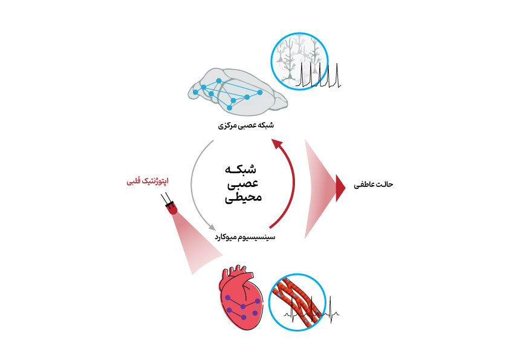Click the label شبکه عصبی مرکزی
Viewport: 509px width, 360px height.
[x=246, y=125]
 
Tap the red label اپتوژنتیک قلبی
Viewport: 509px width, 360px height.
[x=148, y=181]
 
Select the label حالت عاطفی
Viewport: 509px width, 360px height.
[x=374, y=185]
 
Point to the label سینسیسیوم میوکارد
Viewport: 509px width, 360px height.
[x=245, y=237]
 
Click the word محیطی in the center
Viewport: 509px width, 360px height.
[x=244, y=197]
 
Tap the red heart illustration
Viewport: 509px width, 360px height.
[x=241, y=297]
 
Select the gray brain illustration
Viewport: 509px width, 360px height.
[x=238, y=91]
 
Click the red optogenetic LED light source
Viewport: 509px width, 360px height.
[x=170, y=206]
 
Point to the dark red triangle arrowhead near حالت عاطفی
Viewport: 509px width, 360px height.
[x=340, y=188]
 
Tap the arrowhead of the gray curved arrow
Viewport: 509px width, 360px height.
[x=212, y=227]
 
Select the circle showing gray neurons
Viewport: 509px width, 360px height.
[x=300, y=61]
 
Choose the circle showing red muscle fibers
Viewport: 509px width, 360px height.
[x=297, y=303]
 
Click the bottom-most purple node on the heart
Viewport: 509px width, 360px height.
[x=244, y=317]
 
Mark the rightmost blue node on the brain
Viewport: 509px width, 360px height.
[x=260, y=93]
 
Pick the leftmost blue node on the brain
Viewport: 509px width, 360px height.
[x=195, y=93]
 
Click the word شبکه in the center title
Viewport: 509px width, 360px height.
[x=241, y=169]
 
